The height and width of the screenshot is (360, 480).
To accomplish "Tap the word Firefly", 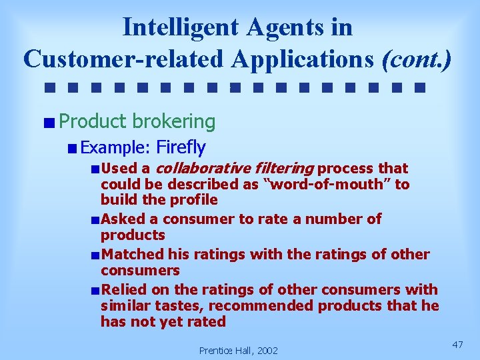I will tap(181, 147).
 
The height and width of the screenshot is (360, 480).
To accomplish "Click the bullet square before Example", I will tap(72, 148).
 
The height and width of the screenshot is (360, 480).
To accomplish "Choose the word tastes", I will tap(165, 306).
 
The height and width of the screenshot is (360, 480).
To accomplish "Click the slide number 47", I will tap(457, 345).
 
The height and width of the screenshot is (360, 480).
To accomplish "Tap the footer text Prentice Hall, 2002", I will tap(239, 350).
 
